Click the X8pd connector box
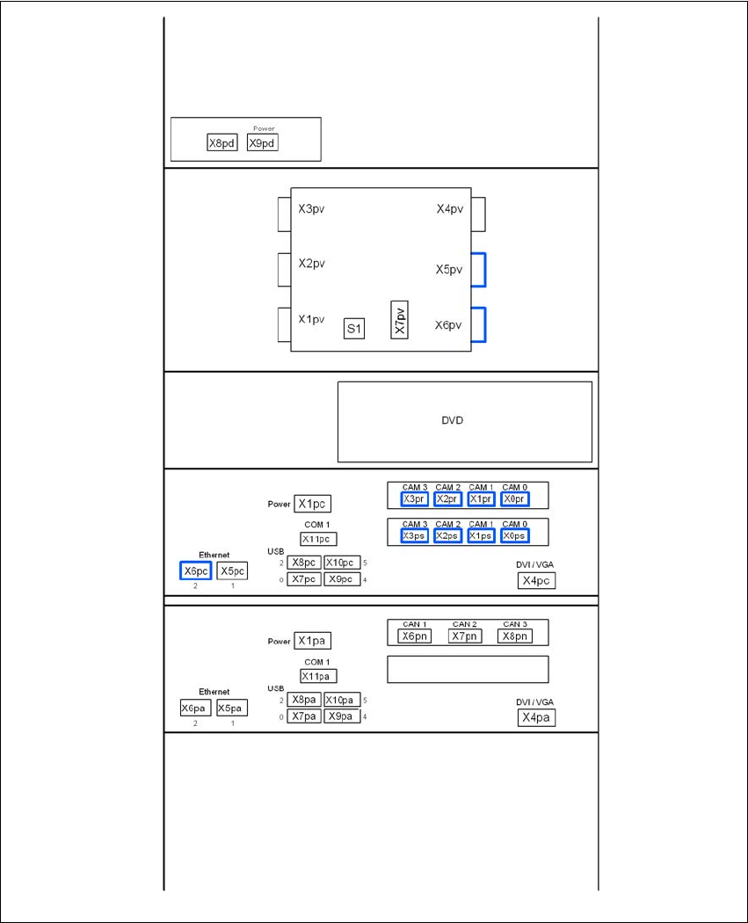pos(222,143)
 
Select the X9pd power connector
pos(262,142)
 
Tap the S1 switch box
pos(354,330)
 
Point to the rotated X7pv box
pos(400,320)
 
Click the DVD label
pos(452,420)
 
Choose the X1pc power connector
pos(313,505)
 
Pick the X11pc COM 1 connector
pos(318,539)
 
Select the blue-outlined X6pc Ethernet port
pos(195,571)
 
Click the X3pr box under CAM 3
pos(414,499)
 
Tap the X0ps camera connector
pos(515,536)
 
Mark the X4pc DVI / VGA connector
pos(536,581)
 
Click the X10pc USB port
pos(341,563)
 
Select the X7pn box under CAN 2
pos(465,636)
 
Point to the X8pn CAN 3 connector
pos(514,636)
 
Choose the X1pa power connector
pos(313,642)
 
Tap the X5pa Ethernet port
pos(232,708)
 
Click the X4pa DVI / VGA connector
pos(536,718)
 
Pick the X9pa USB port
pos(341,716)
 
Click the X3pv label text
pos(312,209)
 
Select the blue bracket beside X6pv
pos(479,324)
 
